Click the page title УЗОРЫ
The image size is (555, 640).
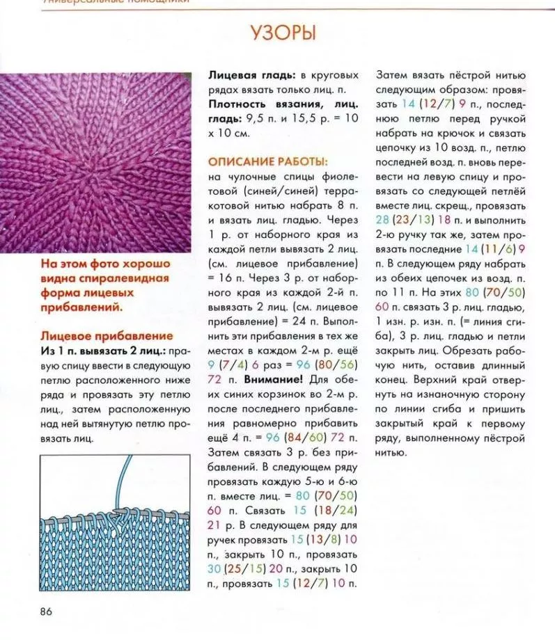coord(282,33)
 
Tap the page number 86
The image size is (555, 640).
coord(47,611)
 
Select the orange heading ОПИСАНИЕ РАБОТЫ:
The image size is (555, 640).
coord(257,161)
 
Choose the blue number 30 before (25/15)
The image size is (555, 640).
coord(217,568)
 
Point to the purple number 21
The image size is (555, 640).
coord(215,524)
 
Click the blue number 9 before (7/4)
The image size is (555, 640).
coord(212,364)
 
